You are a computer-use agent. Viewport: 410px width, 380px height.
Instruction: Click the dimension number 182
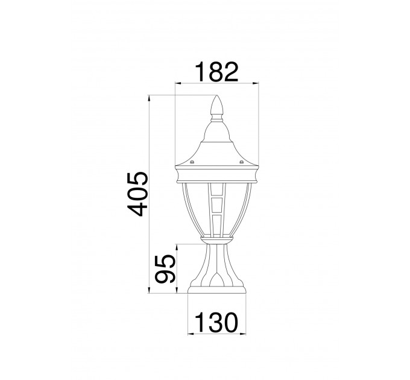(217, 72)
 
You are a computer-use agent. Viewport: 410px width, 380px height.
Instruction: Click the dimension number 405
(138, 194)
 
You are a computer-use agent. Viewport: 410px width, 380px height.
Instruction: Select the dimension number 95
(165, 269)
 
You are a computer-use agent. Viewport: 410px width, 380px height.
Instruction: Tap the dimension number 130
(217, 323)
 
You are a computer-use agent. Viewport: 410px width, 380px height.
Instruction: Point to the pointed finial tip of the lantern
(217, 96)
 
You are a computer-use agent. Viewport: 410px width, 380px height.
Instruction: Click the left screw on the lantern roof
(192, 162)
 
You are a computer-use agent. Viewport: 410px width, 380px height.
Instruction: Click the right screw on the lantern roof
(241, 162)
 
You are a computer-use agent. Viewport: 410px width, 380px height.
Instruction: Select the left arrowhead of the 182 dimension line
(178, 83)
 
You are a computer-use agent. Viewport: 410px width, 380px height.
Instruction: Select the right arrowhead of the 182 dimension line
(256, 83)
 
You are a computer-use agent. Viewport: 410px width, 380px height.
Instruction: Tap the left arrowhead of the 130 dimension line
(191, 334)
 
